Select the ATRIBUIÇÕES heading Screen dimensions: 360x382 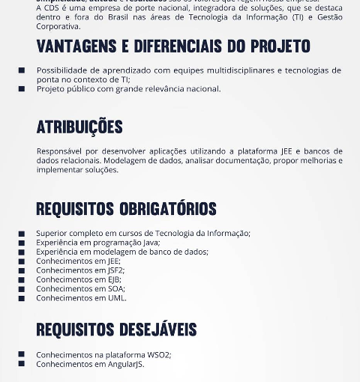(79, 127)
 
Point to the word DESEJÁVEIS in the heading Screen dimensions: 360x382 (158, 330)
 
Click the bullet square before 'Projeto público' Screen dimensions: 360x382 (22, 89)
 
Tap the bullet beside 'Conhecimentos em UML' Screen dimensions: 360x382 (22, 298)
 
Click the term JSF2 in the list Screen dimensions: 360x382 (115, 270)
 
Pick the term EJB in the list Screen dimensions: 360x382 (113, 279)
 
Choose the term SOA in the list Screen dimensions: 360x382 (115, 288)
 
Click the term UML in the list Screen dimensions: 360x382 (116, 298)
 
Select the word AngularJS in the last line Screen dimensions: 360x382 (125, 364)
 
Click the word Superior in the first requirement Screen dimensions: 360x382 (52, 234)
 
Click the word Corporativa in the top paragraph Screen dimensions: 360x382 (58, 26)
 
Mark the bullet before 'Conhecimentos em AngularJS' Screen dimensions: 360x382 (22, 364)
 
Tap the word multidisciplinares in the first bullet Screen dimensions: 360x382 (225, 70)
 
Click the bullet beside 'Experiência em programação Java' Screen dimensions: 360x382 (22, 243)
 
